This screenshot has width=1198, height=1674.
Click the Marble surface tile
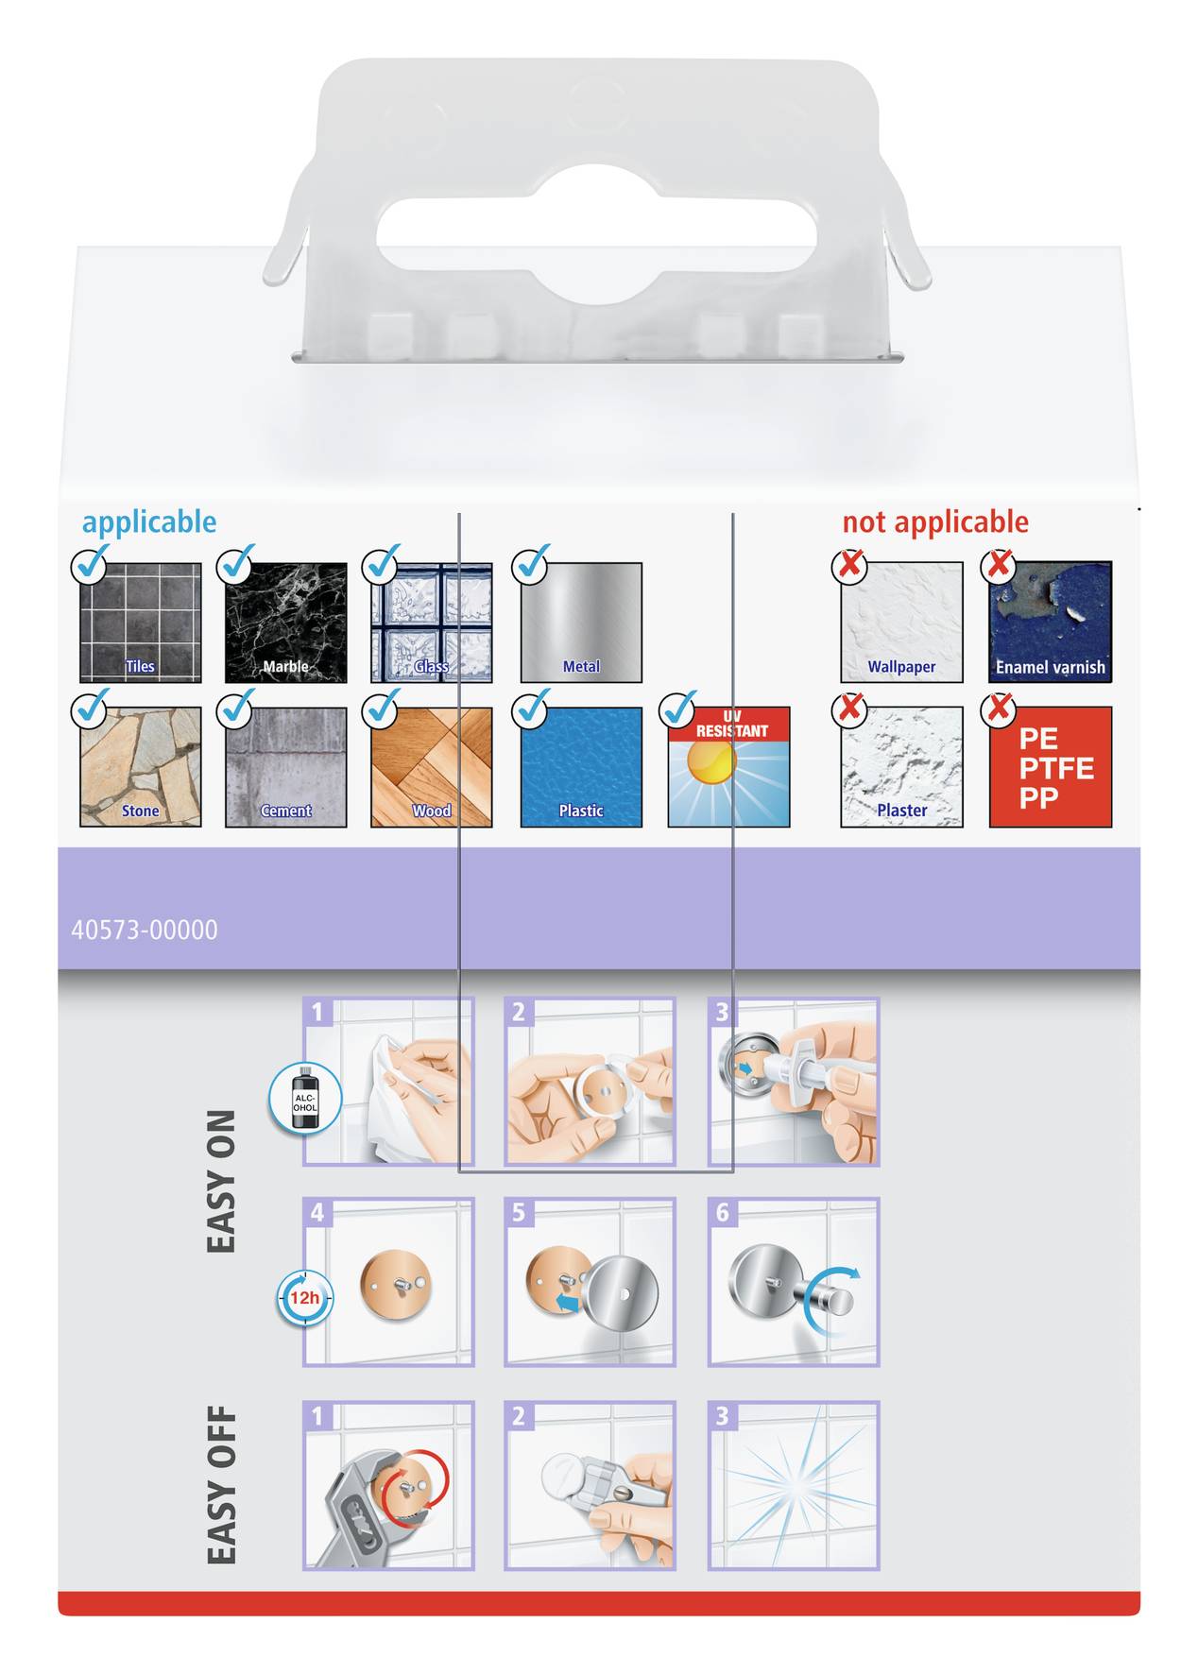coord(285,623)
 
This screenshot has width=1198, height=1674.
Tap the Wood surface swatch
coord(431,766)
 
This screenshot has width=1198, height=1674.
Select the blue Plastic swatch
coord(581,766)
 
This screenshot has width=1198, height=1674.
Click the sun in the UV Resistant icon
coord(710,761)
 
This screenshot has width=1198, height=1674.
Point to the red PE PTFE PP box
coord(1050,767)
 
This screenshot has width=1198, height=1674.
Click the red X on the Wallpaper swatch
coord(849,565)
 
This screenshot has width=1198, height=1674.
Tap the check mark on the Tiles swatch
coord(91,564)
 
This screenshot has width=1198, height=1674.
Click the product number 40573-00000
coord(145,930)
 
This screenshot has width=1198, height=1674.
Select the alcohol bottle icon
coord(305,1099)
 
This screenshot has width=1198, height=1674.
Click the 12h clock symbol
coord(304,1298)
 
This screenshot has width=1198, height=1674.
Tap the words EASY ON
coord(221,1181)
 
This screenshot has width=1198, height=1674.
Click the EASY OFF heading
coord(221,1484)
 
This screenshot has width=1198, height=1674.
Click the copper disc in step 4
coord(396,1286)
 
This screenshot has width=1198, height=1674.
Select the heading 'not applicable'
coord(934,521)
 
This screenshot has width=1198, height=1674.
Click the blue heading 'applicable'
coord(148,521)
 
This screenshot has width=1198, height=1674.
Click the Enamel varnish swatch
coord(1050,623)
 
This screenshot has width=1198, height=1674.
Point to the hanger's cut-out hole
coord(596,234)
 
